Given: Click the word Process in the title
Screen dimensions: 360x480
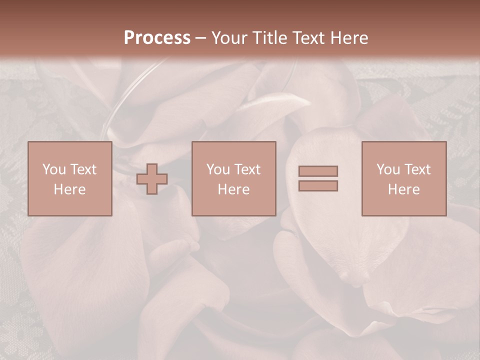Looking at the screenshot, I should pos(157,38).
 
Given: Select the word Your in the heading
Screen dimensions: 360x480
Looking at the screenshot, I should pos(230,38).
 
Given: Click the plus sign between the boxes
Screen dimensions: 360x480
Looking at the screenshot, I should pos(152,179).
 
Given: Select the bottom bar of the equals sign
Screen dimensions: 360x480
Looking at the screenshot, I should pos(318,185).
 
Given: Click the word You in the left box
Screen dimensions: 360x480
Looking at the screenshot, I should pos(54,169).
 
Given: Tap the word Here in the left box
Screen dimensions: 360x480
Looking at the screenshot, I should pos(69,189).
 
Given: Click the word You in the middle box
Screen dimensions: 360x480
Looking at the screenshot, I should pos(218,169).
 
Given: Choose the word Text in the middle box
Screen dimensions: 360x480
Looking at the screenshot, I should pos(247,169).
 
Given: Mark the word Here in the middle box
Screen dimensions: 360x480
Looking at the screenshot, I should pos(233,189).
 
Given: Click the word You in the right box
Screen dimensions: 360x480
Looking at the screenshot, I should pos(388,169).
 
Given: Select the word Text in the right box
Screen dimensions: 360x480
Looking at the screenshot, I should pos(417,169).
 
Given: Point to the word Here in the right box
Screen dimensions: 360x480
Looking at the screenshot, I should pos(403,189).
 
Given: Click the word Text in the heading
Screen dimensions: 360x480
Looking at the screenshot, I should pos(309,38).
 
